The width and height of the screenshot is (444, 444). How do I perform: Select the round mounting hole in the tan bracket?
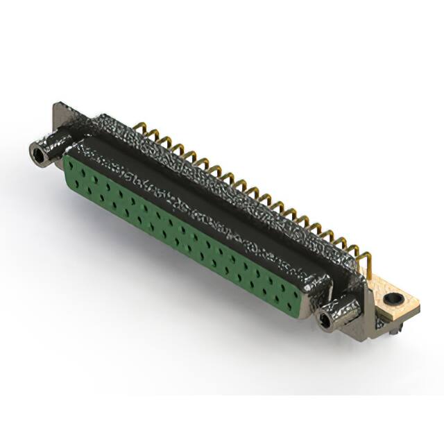click(x=395, y=300)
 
